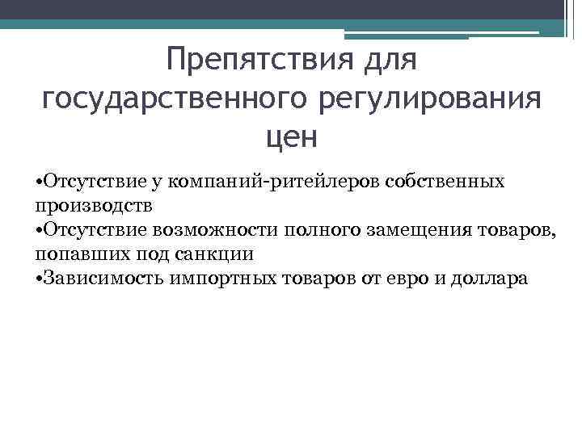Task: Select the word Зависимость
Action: coord(103,279)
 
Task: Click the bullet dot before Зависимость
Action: coord(40,279)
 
